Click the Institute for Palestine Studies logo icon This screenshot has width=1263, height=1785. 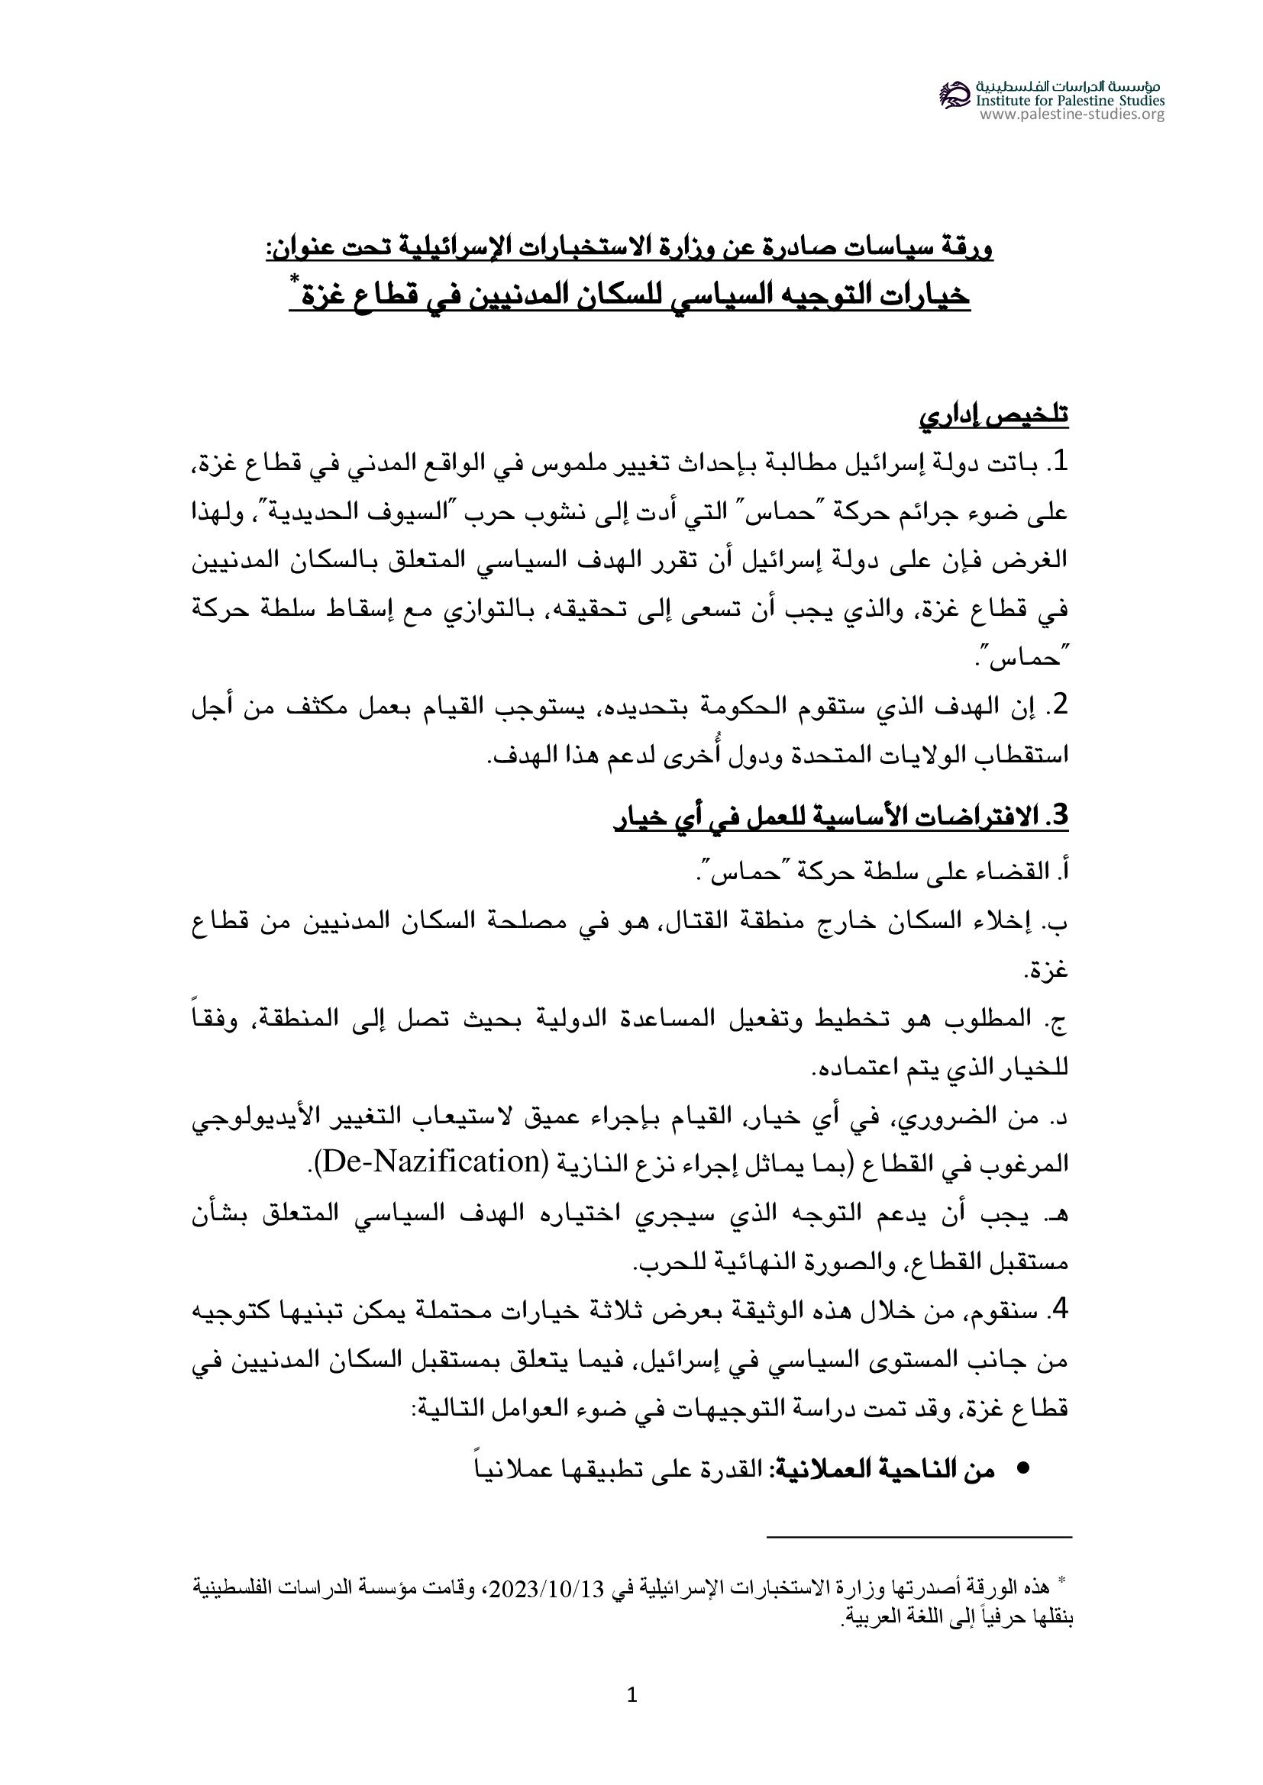pyautogui.click(x=955, y=95)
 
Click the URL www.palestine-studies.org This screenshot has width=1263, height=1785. pyautogui.click(x=1071, y=115)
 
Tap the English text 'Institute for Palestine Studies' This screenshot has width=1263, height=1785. pyautogui.click(x=1070, y=100)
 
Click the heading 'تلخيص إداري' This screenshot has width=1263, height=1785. pyautogui.click(x=994, y=416)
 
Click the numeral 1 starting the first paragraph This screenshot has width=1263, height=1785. pyautogui.click(x=1058, y=464)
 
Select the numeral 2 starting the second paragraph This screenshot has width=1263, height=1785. pyautogui.click(x=1058, y=706)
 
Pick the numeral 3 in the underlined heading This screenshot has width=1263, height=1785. pyautogui.click(x=1059, y=817)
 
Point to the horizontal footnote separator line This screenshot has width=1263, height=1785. pyautogui.click(x=919, y=1536)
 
